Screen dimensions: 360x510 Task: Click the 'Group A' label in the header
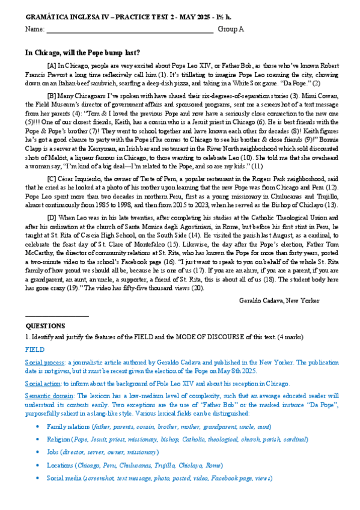(231, 29)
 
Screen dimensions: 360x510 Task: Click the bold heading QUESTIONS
(45, 325)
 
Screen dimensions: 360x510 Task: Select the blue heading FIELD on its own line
(34, 348)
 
